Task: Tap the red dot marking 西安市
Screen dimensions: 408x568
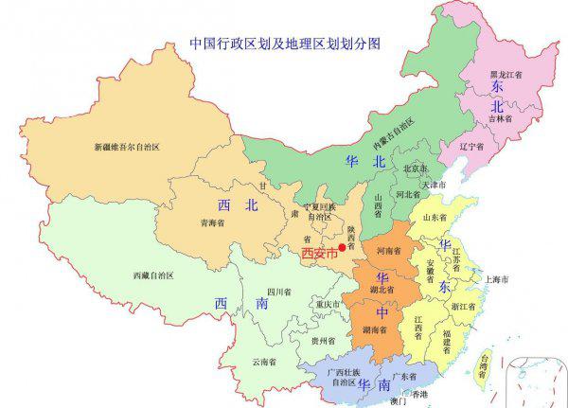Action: [x=343, y=248]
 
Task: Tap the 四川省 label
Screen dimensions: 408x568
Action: [x=277, y=292]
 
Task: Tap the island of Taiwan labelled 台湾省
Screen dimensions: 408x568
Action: [x=484, y=364]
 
